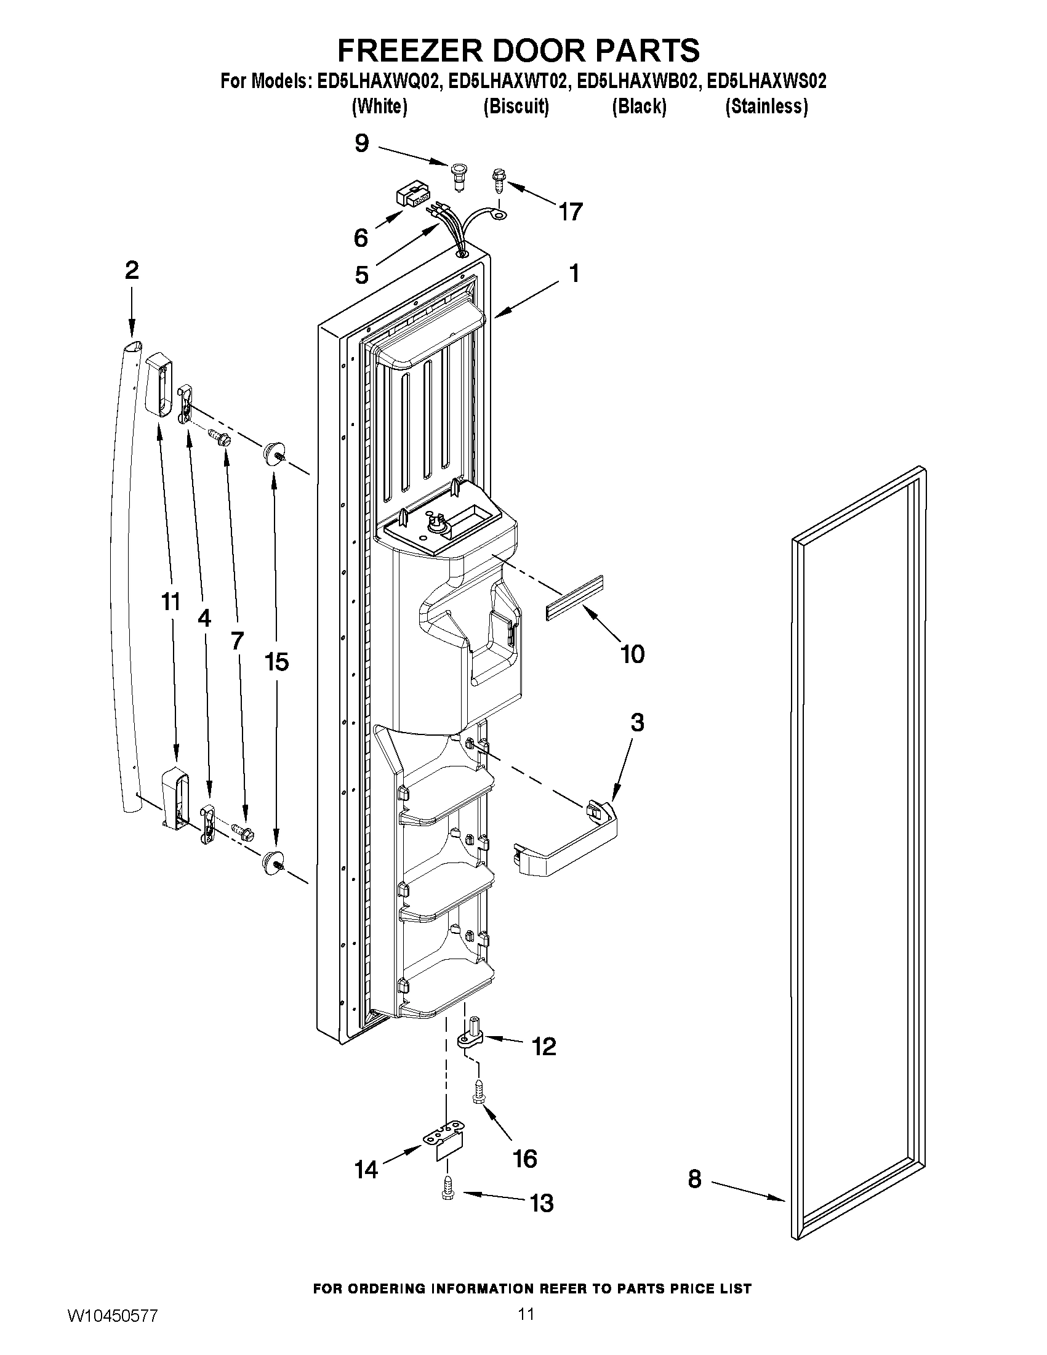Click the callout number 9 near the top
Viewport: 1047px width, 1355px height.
click(x=361, y=143)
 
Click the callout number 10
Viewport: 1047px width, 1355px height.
click(x=632, y=654)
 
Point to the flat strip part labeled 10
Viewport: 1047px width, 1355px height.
click(x=574, y=597)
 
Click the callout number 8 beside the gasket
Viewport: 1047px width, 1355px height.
click(x=694, y=1178)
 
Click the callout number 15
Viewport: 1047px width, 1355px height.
click(x=276, y=662)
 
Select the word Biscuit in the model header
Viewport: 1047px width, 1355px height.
click(x=516, y=107)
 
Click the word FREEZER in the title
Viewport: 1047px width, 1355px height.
click(x=408, y=50)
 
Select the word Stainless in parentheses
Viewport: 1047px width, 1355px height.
click(x=767, y=107)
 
